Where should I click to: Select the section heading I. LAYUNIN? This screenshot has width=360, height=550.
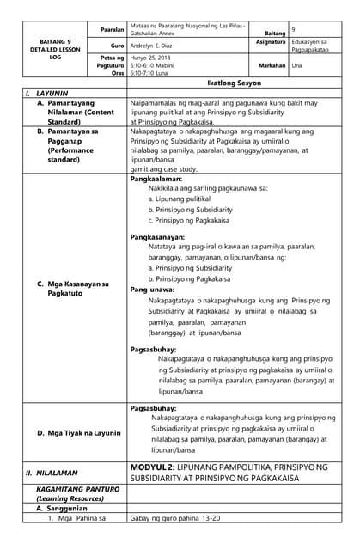pyautogui.click(x=46, y=92)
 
